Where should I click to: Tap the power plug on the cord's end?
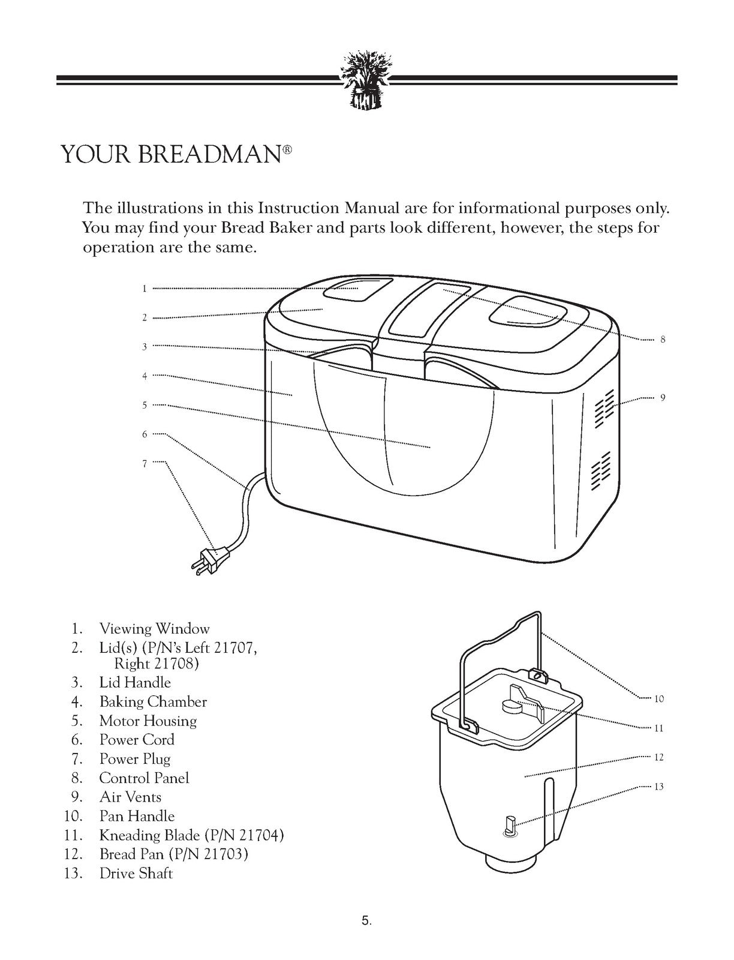tap(211, 554)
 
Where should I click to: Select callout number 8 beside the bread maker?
tap(663, 340)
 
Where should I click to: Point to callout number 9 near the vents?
tap(663, 398)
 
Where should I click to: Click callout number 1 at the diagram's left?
tap(145, 289)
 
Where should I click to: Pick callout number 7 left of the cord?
tap(145, 463)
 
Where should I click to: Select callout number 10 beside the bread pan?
tap(659, 699)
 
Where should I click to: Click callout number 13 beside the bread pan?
tap(659, 787)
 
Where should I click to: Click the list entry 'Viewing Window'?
tap(154, 629)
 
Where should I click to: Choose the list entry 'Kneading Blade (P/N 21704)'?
tap(191, 835)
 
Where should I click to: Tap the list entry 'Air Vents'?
tap(130, 797)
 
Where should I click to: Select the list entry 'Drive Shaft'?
tap(136, 873)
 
